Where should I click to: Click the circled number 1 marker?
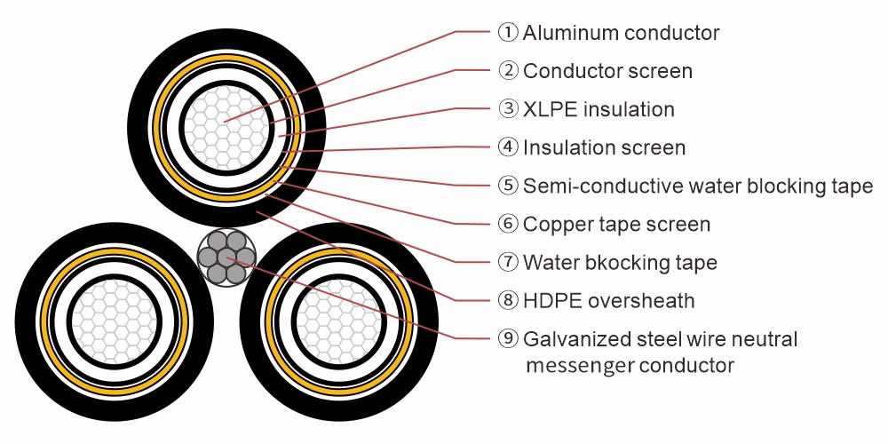point(508,33)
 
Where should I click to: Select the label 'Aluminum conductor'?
point(621,33)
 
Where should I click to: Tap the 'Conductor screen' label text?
point(607,71)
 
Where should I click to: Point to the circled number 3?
point(508,109)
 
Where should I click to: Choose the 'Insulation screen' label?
point(604,147)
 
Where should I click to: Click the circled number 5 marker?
point(508,186)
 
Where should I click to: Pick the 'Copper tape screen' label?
point(616,224)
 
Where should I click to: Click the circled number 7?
point(508,262)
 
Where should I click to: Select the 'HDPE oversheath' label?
point(608,300)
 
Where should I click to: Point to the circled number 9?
point(508,338)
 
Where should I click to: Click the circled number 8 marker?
point(508,300)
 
